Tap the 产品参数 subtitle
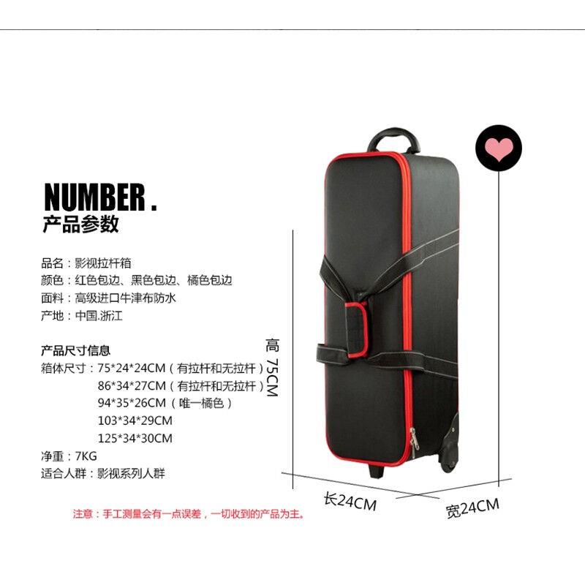coord(80,224)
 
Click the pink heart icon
coord(499,147)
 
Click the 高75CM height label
coord(272,368)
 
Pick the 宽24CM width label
coord(472,507)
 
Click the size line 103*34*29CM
coord(135,420)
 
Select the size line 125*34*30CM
coord(135,438)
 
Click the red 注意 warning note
coord(189,514)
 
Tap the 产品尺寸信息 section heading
coord(76,350)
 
